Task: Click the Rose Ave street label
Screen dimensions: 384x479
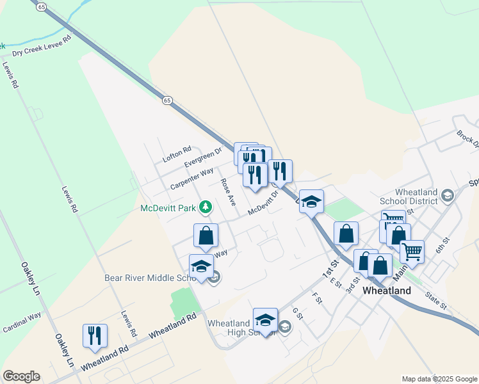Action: pos(227,191)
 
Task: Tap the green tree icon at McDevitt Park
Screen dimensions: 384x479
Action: pos(206,207)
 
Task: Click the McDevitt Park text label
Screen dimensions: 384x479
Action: pos(167,207)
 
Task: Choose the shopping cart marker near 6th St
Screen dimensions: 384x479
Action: pos(412,251)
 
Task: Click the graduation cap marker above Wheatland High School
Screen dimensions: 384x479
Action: pos(265,319)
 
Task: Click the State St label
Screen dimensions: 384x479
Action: pos(437,300)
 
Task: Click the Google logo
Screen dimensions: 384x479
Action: pos(21,376)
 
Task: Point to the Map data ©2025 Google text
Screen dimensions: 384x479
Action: pos(439,379)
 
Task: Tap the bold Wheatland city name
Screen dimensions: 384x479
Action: pos(386,290)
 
